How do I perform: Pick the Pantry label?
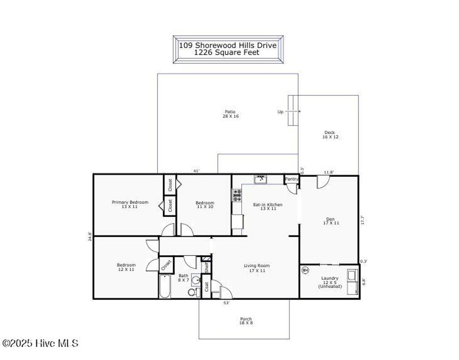pyautogui.click(x=291, y=179)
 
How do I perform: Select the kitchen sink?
pyautogui.click(x=260, y=179)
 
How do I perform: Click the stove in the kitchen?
pyautogui.click(x=237, y=194)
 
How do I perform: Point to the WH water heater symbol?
pyautogui.click(x=306, y=270)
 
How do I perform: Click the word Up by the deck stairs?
pyautogui.click(x=280, y=112)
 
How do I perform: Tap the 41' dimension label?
pyautogui.click(x=196, y=171)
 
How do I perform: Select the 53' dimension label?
pyautogui.click(x=227, y=303)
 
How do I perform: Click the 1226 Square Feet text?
pyautogui.click(x=227, y=52)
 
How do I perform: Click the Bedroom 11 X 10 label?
pyautogui.click(x=205, y=205)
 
